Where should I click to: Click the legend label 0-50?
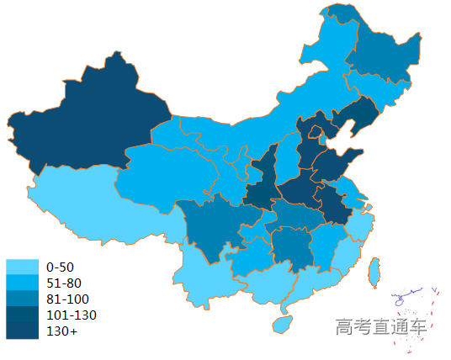(61, 267)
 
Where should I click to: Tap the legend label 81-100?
(67, 299)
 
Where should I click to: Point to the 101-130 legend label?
(71, 315)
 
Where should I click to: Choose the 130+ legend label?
(61, 331)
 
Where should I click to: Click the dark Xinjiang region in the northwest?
(93, 118)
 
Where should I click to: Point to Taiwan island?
(376, 270)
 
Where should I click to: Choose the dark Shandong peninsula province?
(337, 163)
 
